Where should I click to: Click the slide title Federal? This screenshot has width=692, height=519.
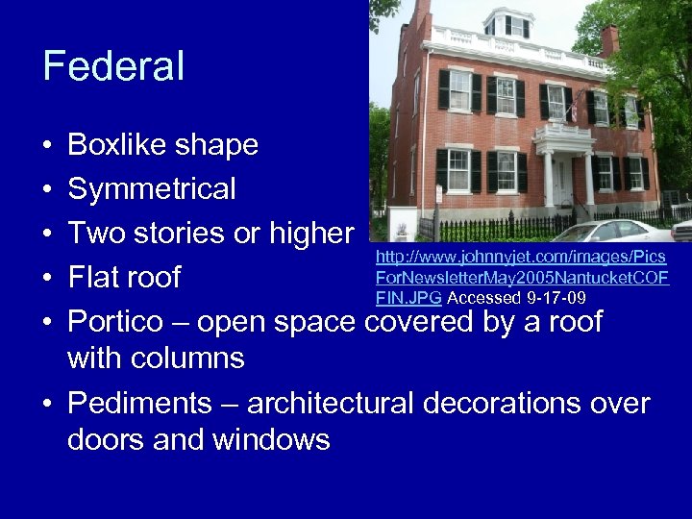[x=113, y=66]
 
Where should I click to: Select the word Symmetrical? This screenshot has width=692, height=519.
[x=152, y=189]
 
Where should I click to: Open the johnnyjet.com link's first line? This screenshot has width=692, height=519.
[x=520, y=258]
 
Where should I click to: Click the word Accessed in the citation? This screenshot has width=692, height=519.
[x=484, y=298]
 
